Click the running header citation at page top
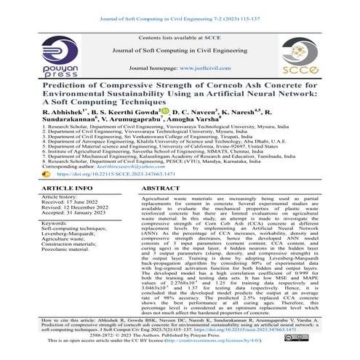coord(180,7)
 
